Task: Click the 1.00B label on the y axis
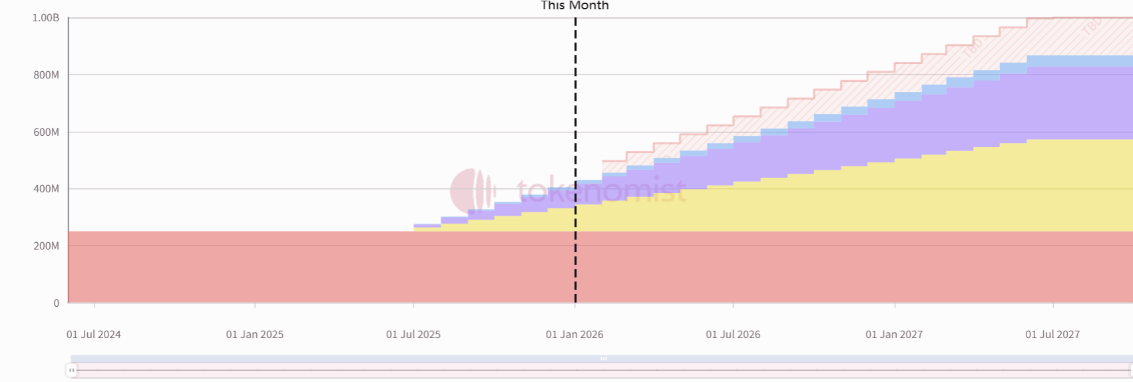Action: (x=45, y=18)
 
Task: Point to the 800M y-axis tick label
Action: (x=46, y=75)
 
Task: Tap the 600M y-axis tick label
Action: (x=46, y=132)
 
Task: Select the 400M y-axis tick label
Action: (x=46, y=189)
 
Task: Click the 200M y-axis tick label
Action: (x=46, y=246)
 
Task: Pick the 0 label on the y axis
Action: (x=56, y=303)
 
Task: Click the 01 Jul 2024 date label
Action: (x=94, y=335)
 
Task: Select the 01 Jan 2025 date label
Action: (x=255, y=335)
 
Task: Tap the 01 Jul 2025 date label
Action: (x=413, y=335)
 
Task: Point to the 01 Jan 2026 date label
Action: (x=574, y=335)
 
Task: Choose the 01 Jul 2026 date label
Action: (x=733, y=335)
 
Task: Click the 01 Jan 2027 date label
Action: (x=894, y=335)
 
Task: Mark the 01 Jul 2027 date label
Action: (x=1052, y=335)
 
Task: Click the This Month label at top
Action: (x=574, y=6)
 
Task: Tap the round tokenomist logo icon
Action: (x=472, y=191)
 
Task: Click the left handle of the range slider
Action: (x=71, y=370)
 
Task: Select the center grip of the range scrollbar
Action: (x=604, y=359)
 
